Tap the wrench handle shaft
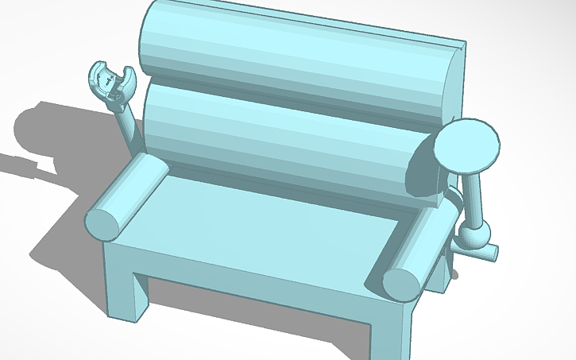129,126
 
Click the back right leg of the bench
439,274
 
